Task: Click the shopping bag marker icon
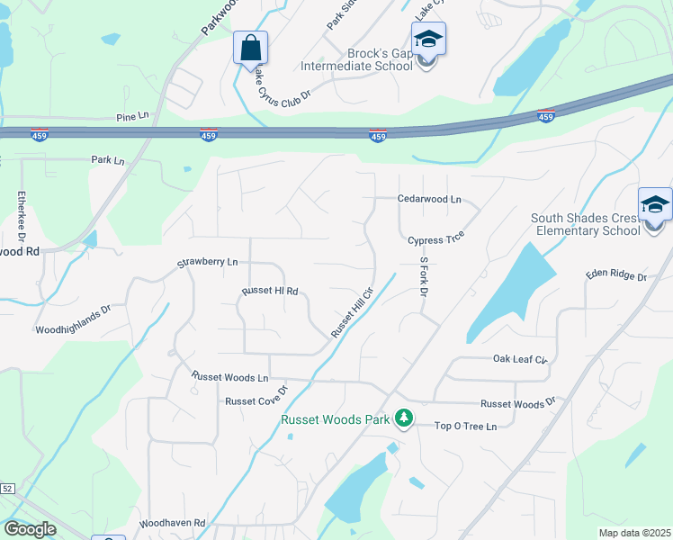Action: tap(250, 47)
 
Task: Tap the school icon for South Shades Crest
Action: tap(655, 206)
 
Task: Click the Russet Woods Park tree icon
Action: tap(404, 418)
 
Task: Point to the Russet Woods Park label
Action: tap(336, 419)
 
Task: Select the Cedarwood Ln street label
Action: tap(429, 199)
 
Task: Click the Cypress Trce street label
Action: tap(435, 240)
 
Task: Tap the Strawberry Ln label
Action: tap(207, 263)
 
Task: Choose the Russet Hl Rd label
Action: tap(269, 292)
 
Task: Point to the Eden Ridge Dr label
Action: tap(616, 276)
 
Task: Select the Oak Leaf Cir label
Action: tap(520, 359)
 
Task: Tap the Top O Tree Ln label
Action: tap(465, 426)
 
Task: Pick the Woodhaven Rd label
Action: tap(173, 523)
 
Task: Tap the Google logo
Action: tap(30, 529)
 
